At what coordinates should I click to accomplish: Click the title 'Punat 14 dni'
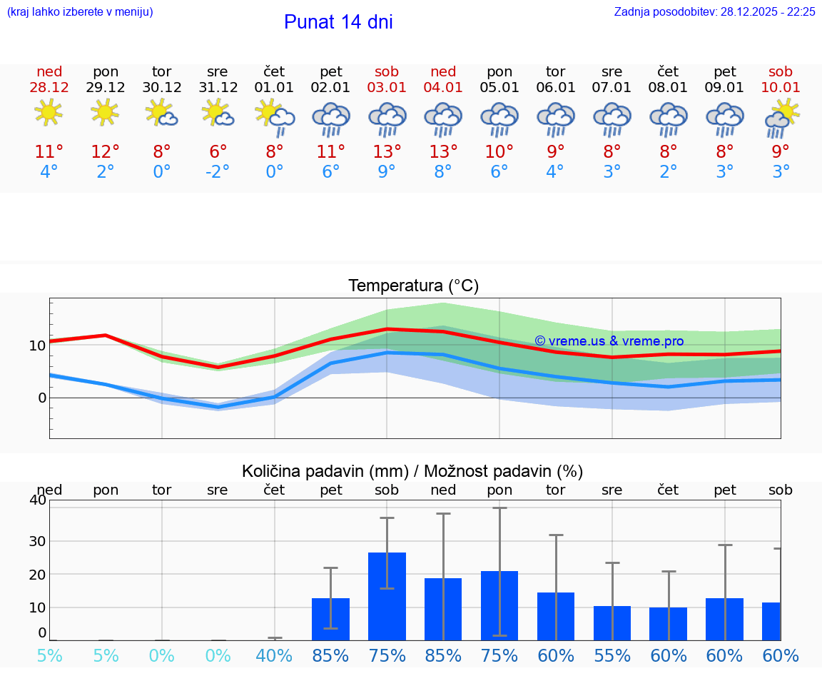(x=338, y=22)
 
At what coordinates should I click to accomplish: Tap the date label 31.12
(x=218, y=88)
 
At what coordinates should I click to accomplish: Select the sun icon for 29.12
(x=105, y=113)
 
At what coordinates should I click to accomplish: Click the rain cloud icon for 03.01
(x=387, y=118)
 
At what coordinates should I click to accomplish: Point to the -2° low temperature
(x=218, y=172)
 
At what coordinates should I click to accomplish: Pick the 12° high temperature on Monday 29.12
(x=105, y=152)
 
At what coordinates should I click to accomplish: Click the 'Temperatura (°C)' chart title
(x=413, y=286)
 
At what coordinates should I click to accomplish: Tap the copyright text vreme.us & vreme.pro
(x=609, y=341)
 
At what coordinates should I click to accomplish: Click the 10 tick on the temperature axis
(x=37, y=346)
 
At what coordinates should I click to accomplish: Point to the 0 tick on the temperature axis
(x=41, y=398)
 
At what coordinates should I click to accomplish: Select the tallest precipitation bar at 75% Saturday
(x=387, y=596)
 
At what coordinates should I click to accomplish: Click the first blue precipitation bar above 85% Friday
(x=330, y=619)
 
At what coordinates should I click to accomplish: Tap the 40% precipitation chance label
(x=274, y=656)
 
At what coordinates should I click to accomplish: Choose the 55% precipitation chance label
(x=612, y=656)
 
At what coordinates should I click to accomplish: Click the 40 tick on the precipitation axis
(x=37, y=500)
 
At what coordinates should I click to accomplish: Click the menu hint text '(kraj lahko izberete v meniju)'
(x=80, y=12)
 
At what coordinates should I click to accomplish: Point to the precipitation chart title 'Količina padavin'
(x=412, y=471)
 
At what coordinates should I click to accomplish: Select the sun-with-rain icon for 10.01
(x=781, y=118)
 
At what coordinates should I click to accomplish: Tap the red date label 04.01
(x=443, y=88)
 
